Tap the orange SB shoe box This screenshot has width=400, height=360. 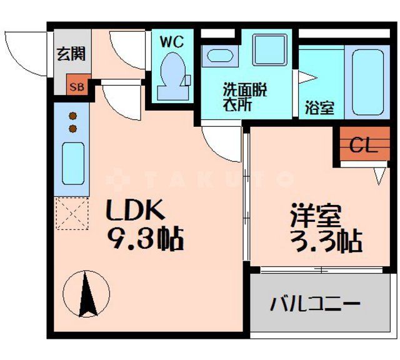(78, 87)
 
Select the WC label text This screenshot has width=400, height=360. (172, 42)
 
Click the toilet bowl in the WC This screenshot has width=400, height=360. (171, 71)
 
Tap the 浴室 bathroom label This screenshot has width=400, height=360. (319, 107)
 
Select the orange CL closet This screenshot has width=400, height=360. (363, 146)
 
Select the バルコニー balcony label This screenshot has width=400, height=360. (315, 304)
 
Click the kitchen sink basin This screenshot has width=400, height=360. (72, 162)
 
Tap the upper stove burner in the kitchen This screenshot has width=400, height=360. (72, 116)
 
